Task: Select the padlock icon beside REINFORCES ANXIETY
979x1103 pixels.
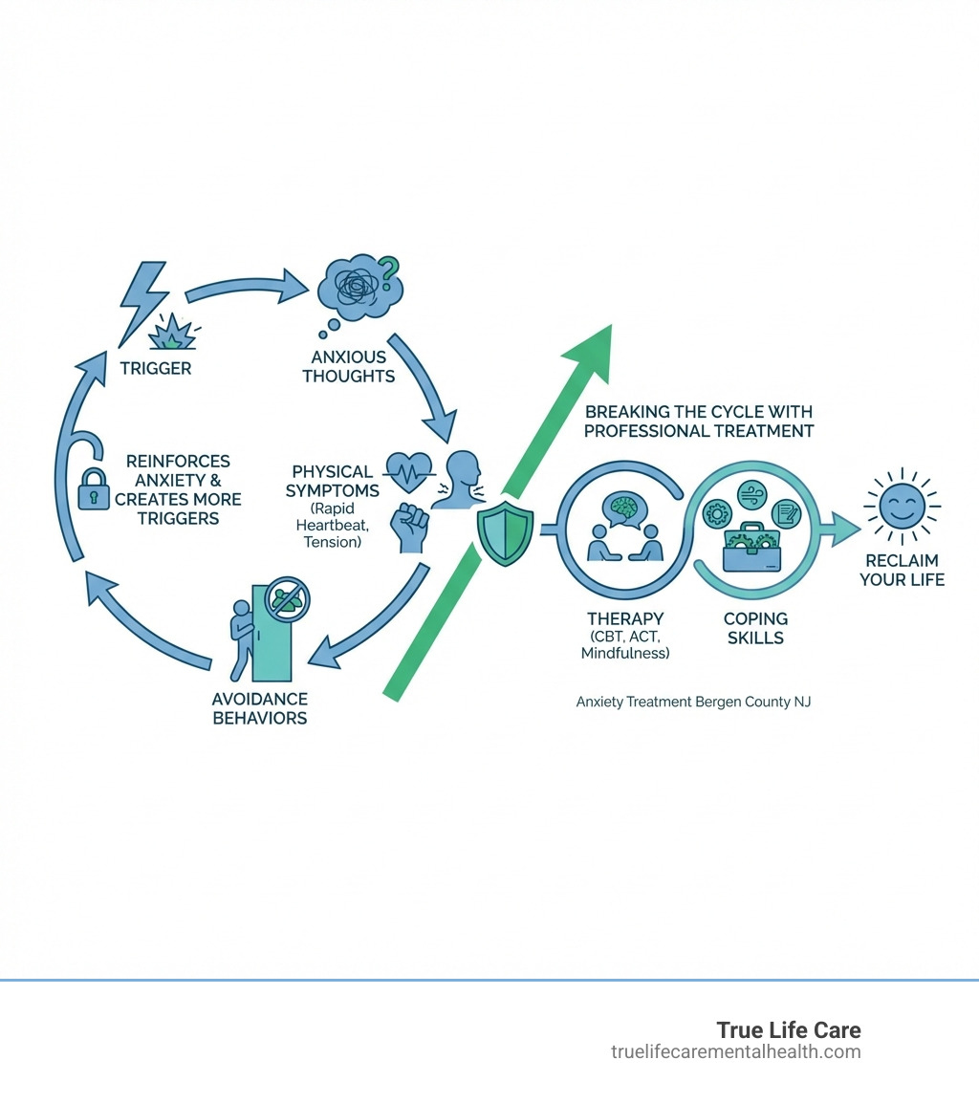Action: tap(94, 490)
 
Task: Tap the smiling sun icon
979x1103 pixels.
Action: tap(901, 508)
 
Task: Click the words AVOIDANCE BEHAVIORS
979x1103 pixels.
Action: tap(260, 708)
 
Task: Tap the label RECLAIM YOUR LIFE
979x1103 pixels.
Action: tap(902, 570)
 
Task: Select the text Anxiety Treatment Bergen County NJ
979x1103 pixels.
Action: tap(693, 702)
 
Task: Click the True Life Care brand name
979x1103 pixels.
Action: tap(789, 1029)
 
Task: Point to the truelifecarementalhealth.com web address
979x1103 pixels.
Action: tap(735, 1052)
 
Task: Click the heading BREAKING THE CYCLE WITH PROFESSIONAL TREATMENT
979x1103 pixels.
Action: tap(698, 422)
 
